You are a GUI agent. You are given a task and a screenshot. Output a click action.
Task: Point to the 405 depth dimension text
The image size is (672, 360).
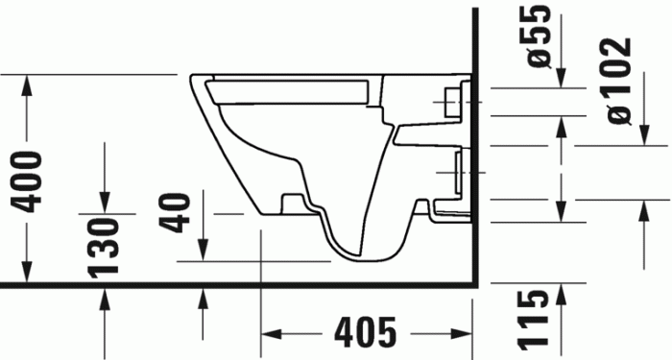tap(366, 334)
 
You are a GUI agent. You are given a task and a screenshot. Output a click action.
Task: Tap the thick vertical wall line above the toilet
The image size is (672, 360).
tap(475, 38)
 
